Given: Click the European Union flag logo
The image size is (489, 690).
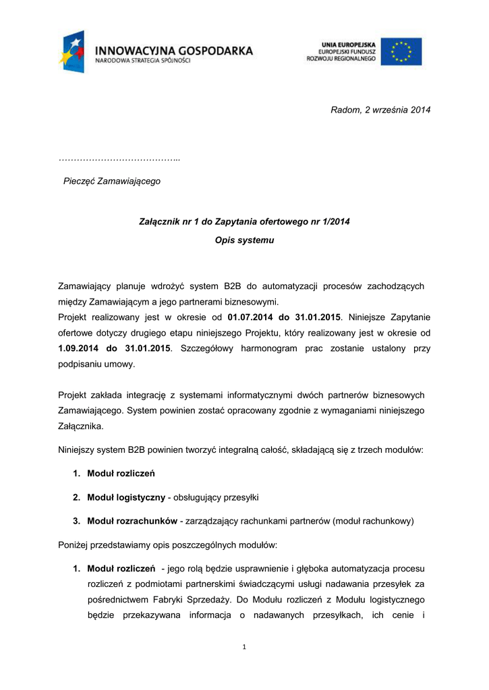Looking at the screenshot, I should [401, 52].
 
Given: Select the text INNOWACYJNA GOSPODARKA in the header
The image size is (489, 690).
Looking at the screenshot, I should [174, 50].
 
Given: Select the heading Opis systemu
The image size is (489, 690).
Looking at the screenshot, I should [244, 240].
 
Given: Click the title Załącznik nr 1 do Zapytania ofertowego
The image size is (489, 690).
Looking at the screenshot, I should [244, 221].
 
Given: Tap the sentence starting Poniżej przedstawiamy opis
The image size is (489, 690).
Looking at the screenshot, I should [167, 544].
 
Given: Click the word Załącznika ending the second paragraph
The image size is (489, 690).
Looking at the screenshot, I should [80, 427].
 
